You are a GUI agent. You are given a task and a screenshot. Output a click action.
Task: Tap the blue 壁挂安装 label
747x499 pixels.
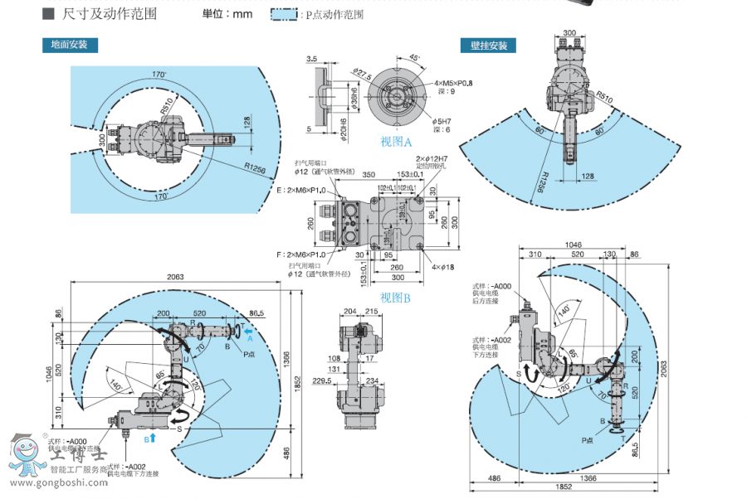pyautogui.click(x=488, y=46)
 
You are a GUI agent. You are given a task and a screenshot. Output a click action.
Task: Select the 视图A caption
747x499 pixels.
pyautogui.click(x=396, y=142)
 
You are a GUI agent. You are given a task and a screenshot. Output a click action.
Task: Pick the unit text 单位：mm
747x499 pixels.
pyautogui.click(x=227, y=14)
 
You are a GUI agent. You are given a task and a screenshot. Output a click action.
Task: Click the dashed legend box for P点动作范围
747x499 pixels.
pyautogui.click(x=285, y=14)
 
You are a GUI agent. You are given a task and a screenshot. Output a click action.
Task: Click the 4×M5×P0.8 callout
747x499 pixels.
pyautogui.click(x=453, y=84)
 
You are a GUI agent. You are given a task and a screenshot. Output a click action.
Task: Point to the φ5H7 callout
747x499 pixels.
pyautogui.click(x=442, y=121)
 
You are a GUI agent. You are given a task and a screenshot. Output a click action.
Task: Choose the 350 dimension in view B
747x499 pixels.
pyautogui.click(x=369, y=176)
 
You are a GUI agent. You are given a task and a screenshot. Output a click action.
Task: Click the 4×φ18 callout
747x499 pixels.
pyautogui.click(x=443, y=267)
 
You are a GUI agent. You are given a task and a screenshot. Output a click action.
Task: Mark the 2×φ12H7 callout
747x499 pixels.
pyautogui.click(x=432, y=158)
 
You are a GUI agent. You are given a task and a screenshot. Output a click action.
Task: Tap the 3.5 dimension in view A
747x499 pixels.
pyautogui.click(x=312, y=59)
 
